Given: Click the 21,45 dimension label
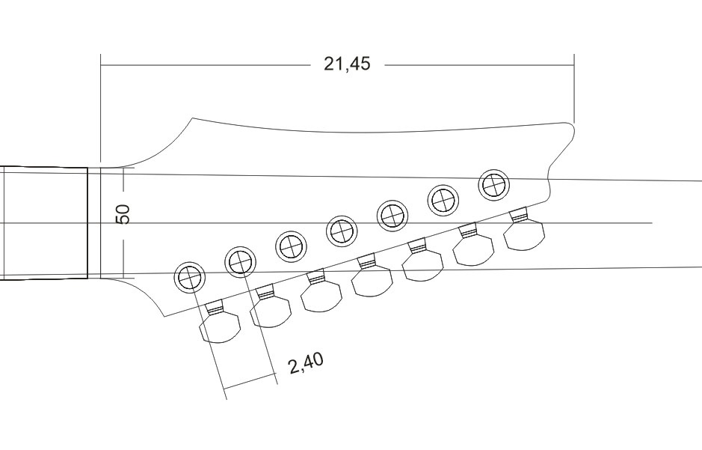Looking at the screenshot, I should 347,64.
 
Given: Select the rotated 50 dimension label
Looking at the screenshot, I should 124,214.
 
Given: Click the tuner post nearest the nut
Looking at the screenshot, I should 189,278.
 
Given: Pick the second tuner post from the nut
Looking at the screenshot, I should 240,261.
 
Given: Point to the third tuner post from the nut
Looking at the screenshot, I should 291,245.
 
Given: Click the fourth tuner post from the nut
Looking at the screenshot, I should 342,229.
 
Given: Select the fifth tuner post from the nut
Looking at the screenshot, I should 392,214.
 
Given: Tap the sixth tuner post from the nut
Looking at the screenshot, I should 443,199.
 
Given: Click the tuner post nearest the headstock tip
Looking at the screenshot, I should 493,184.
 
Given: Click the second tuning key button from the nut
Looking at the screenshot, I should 270,311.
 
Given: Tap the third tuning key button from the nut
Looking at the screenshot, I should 321,295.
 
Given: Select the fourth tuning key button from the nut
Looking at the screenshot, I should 372,280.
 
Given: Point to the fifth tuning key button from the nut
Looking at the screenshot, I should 423,264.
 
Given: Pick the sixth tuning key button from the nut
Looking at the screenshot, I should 474,249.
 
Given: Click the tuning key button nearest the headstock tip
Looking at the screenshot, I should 524,234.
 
